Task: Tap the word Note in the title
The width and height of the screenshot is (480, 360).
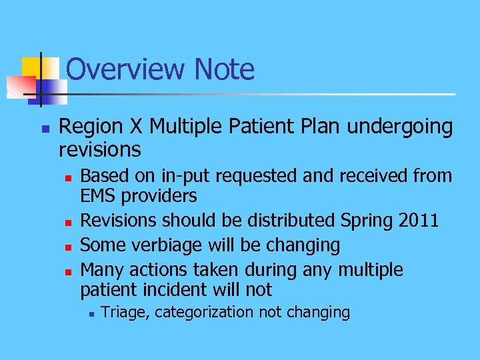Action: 225,69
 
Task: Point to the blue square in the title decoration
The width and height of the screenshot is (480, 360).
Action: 52,91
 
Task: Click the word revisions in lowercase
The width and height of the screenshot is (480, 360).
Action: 99,149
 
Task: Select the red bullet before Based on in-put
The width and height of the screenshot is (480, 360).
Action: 67,177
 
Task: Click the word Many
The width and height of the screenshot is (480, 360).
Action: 102,270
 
